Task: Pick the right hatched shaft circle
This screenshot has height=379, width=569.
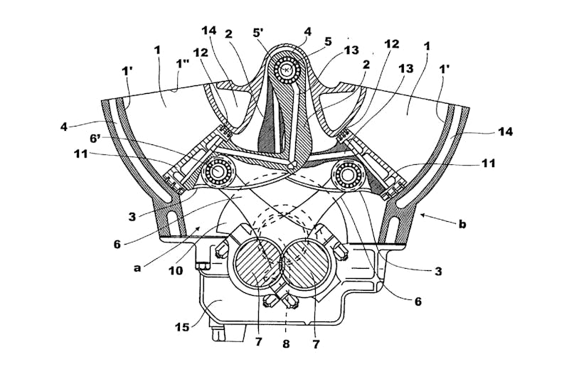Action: pyautogui.click(x=307, y=267)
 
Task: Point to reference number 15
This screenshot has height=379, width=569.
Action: pyautogui.click(x=182, y=326)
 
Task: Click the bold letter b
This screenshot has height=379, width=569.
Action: pyautogui.click(x=462, y=224)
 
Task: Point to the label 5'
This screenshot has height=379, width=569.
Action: pyautogui.click(x=258, y=32)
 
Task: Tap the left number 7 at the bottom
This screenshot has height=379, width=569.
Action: pyautogui.click(x=258, y=342)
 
